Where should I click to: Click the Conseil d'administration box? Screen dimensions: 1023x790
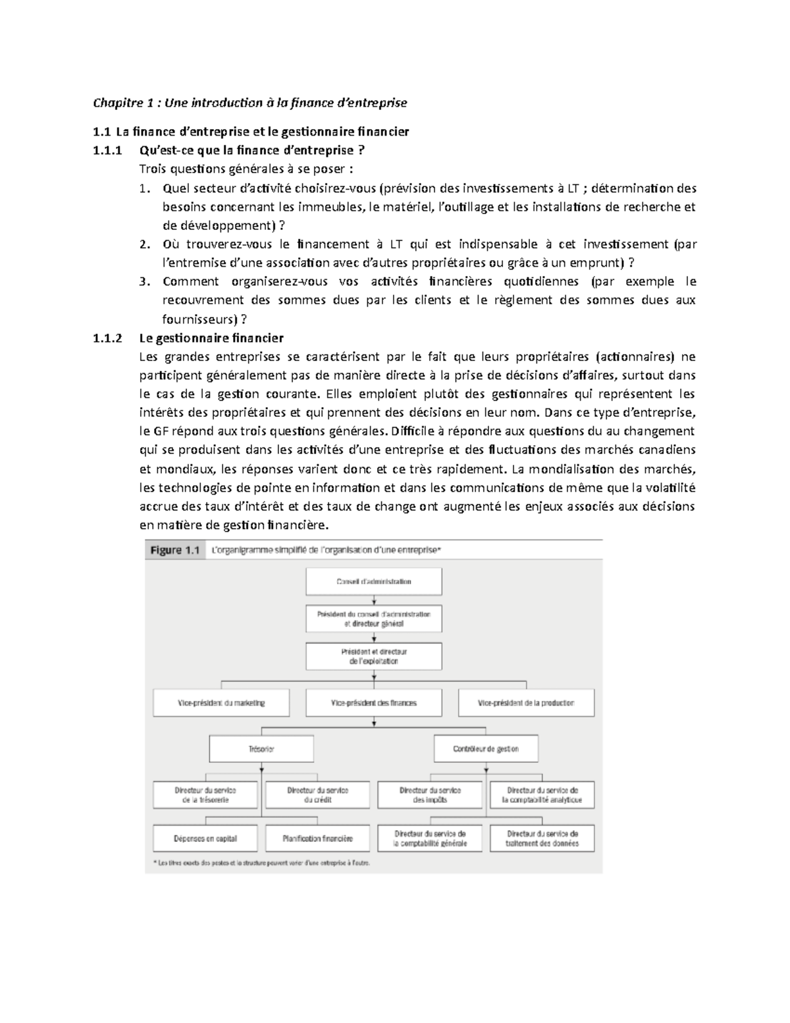coord(373,582)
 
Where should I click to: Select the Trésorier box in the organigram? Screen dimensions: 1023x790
coord(261,749)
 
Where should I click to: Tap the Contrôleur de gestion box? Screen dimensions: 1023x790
coord(486,749)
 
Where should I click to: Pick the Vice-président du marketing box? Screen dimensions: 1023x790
coord(221,703)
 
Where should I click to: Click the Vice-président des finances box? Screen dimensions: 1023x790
coord(373,703)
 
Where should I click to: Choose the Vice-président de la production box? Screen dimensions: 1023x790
coord(526,703)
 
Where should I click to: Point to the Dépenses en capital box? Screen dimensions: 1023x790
coord(205,839)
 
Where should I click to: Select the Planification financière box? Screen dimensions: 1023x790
coord(317,839)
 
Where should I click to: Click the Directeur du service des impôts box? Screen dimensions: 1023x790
coord(430,795)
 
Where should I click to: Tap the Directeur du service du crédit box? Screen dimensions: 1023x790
coord(317,795)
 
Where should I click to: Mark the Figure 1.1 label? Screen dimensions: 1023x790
coord(174,550)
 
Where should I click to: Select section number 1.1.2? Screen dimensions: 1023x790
coord(108,339)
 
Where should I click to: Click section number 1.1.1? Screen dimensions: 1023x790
coord(108,150)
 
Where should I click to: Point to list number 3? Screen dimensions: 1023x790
coord(145,282)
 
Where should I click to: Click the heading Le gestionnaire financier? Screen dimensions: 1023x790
coord(211,339)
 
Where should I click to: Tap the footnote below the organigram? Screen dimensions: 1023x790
coord(261,863)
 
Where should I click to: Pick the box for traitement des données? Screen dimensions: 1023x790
coord(542,839)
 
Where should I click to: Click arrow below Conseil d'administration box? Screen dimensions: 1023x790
coord(374,601)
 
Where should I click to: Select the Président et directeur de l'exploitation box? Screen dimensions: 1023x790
coord(373,656)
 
